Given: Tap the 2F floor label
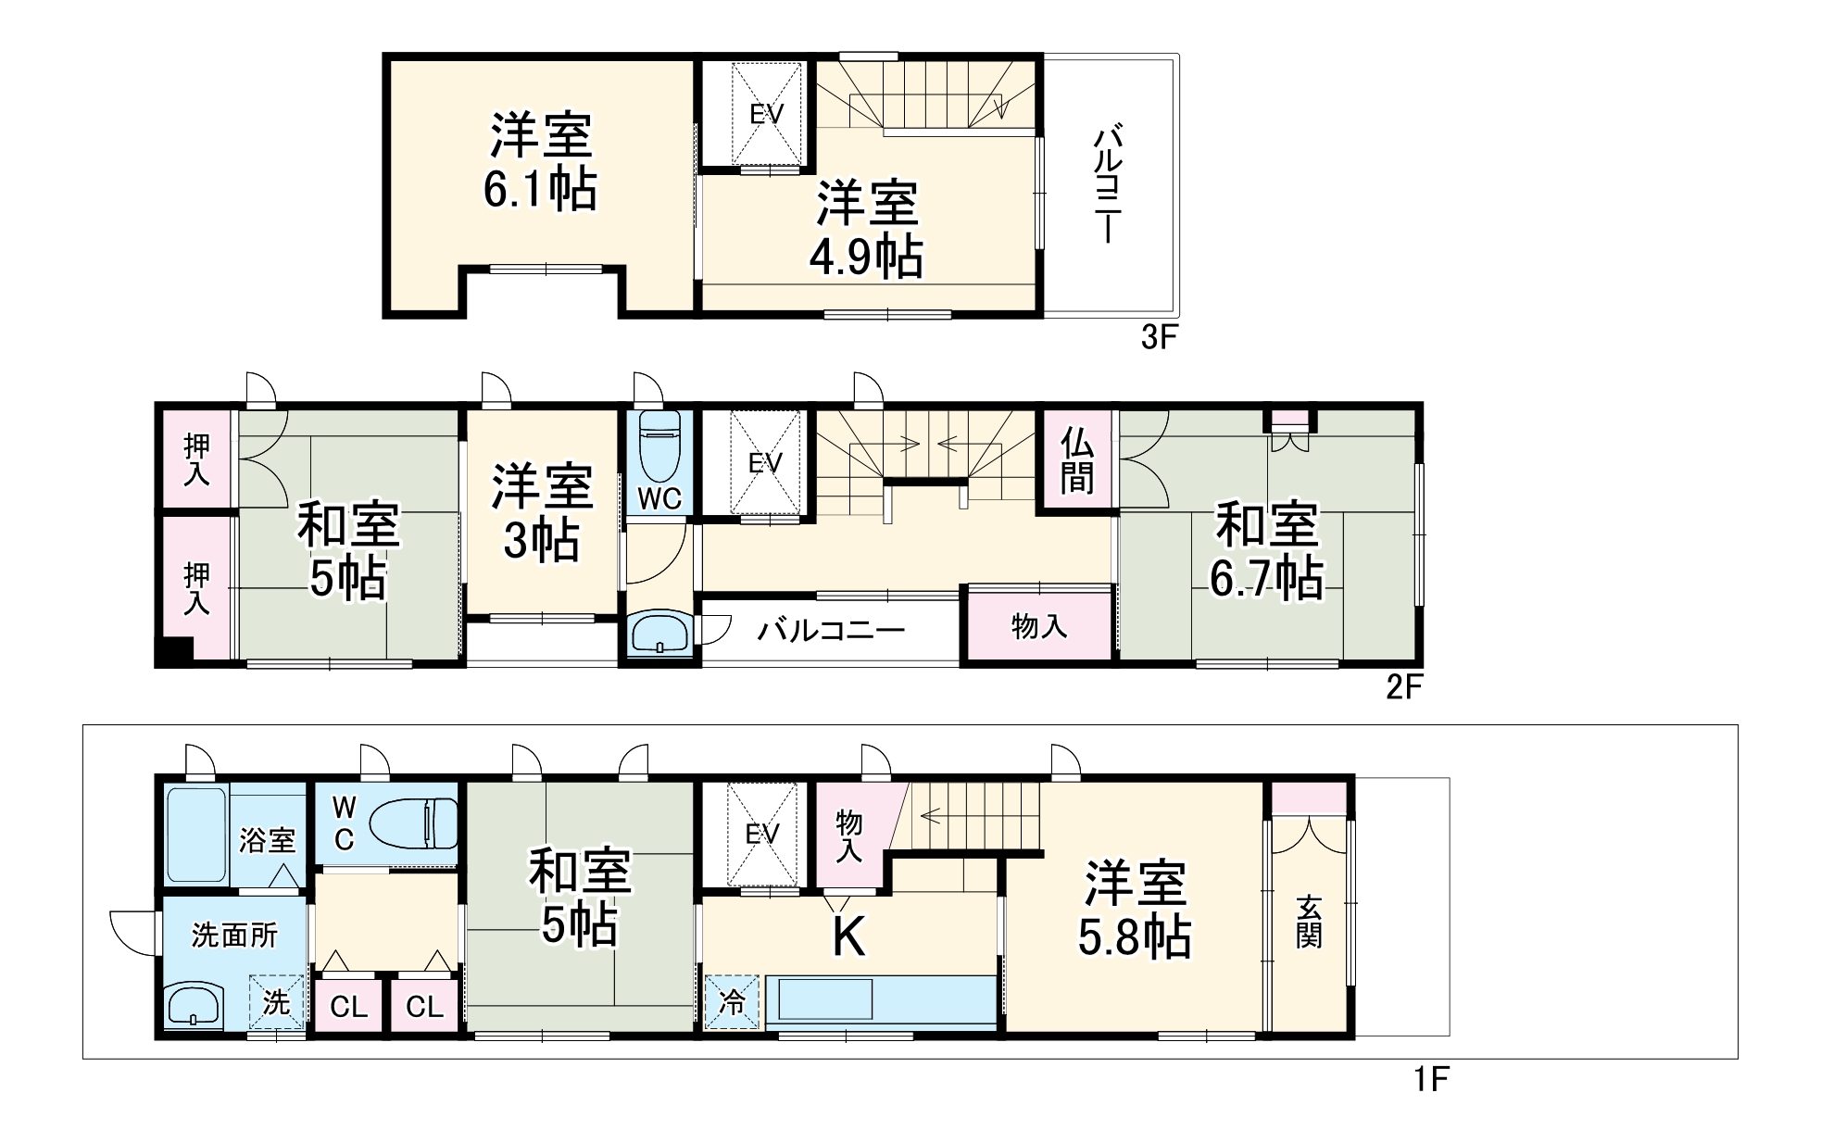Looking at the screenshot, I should click(x=1403, y=688).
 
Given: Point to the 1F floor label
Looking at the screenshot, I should click(x=1430, y=1080).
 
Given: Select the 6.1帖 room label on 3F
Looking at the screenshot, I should click(x=541, y=163).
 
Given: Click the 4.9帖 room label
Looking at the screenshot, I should click(x=866, y=231).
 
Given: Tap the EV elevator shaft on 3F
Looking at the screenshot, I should click(x=766, y=115).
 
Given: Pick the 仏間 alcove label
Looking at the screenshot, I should click(x=1077, y=460).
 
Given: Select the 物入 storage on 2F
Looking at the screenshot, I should click(x=1039, y=627).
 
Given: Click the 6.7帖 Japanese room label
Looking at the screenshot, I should click(x=1266, y=552).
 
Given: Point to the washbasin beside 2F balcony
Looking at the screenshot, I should click(x=659, y=635).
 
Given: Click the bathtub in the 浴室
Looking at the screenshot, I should click(x=197, y=835).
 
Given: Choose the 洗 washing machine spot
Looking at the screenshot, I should click(x=276, y=1002).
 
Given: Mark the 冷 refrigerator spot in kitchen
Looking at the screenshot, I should click(x=732, y=1002).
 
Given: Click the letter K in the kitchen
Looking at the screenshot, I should click(x=848, y=936).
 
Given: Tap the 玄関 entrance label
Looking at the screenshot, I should click(x=1309, y=921).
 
